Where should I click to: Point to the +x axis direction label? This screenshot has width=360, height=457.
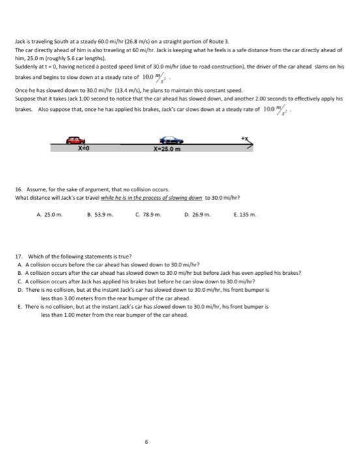245,138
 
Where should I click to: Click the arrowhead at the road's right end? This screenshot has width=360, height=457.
250,144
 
